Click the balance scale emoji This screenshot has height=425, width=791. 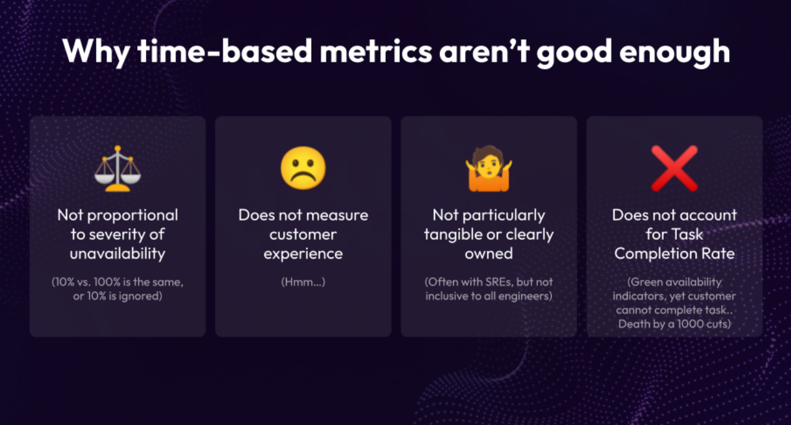coord(118,169)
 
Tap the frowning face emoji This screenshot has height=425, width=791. coord(303,168)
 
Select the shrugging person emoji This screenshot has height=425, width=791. coord(489,169)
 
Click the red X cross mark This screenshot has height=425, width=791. coord(674,168)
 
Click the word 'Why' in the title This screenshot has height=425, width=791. coord(96,52)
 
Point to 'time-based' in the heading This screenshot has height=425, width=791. coord(225,51)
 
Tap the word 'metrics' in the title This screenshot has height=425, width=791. coord(376,52)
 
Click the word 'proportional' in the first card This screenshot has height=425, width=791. coord(133,216)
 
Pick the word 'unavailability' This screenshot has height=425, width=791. coord(118,254)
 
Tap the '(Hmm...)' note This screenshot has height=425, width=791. coord(303,282)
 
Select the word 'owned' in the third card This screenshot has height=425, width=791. coord(489,254)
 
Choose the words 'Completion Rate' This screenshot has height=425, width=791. coord(674,254)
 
